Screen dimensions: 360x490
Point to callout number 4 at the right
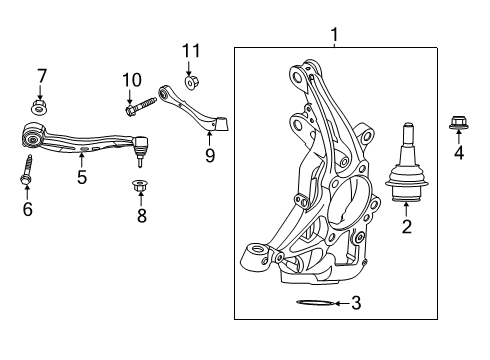coord(459,154)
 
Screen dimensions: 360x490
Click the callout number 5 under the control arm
coord(82,178)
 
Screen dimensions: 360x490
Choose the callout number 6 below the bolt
coord(27,209)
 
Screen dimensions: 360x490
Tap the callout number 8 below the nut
coord(141,215)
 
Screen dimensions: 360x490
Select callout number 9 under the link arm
coord(210,155)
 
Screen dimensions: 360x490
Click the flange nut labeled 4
coord(459,124)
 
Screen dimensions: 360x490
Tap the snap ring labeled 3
coord(311,304)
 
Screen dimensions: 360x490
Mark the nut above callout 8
coord(140,186)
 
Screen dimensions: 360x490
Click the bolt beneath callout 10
coord(140,102)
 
